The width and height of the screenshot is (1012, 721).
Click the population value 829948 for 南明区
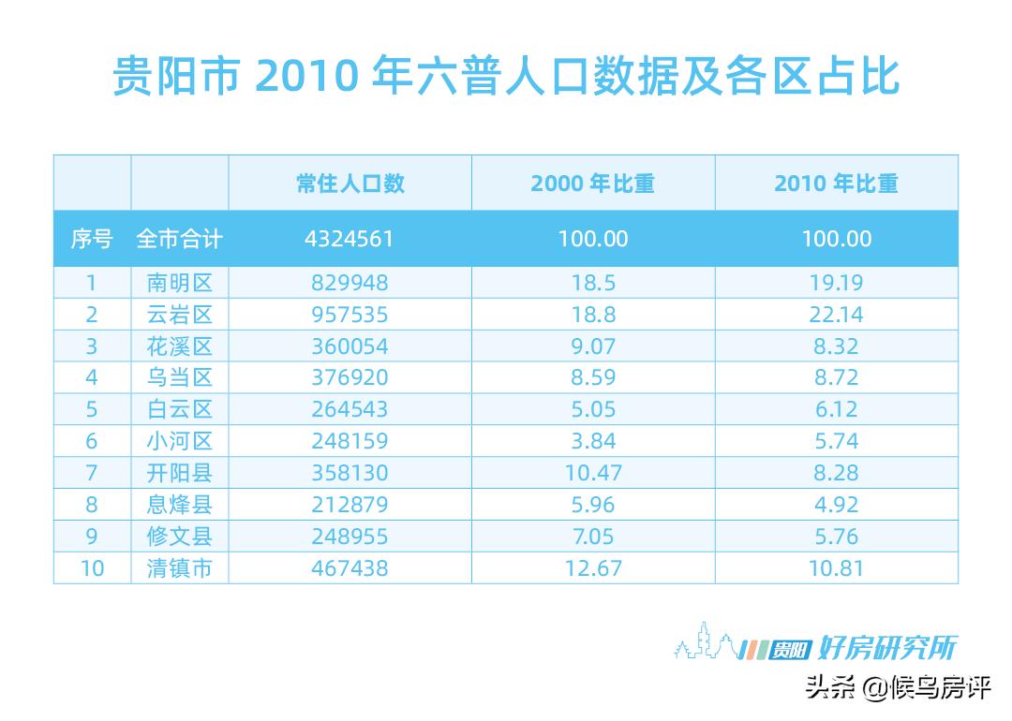point(350,282)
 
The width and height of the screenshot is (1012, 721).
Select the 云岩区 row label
point(180,314)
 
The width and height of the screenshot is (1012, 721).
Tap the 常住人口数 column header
point(350,183)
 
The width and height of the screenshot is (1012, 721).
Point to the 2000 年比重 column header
point(592,183)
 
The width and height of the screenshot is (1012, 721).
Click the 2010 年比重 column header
point(836,183)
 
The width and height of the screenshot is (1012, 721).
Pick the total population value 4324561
point(350,239)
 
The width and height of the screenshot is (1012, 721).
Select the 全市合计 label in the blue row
point(180,239)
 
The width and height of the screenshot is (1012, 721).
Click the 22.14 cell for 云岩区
point(836,314)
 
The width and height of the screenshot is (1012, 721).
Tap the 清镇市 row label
point(180,567)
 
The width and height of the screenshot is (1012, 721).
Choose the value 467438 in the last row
point(350,567)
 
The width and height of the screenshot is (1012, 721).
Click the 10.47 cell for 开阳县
point(592,473)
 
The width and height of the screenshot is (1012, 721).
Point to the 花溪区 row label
point(180,346)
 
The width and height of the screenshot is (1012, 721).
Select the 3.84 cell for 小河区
point(592,441)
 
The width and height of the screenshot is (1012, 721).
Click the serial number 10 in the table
point(92,567)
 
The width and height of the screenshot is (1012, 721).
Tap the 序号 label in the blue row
point(92,239)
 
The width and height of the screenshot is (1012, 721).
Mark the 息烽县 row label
point(180,505)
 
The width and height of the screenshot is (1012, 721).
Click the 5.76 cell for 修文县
point(836,537)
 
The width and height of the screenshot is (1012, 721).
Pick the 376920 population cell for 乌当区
point(350,377)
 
